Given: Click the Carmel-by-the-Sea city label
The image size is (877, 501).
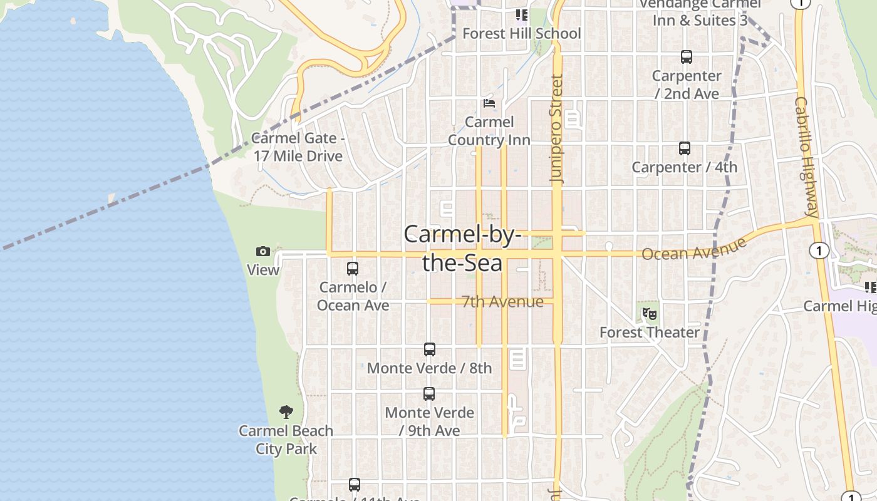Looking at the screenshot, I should pyautogui.click(x=462, y=249).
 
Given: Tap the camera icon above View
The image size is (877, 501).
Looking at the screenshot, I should pyautogui.click(x=263, y=252).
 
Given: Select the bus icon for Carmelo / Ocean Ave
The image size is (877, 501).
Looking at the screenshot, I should pyautogui.click(x=353, y=269).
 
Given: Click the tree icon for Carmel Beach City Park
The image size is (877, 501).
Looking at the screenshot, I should pyautogui.click(x=286, y=412).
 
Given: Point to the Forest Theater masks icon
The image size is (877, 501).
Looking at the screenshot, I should pyautogui.click(x=650, y=314).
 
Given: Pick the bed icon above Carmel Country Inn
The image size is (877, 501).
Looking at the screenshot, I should pyautogui.click(x=489, y=103).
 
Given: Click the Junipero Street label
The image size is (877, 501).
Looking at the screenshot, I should pyautogui.click(x=557, y=128).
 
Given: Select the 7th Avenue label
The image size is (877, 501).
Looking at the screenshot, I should pyautogui.click(x=502, y=302).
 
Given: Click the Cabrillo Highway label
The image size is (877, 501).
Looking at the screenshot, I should pyautogui.click(x=807, y=157).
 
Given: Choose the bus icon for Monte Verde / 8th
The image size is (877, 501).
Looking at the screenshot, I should pyautogui.click(x=429, y=349).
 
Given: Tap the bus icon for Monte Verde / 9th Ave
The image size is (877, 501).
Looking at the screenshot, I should pyautogui.click(x=429, y=394).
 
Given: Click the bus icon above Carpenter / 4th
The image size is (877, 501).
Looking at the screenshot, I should pyautogui.click(x=685, y=148).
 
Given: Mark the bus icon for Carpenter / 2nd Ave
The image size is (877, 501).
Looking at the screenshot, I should pyautogui.click(x=687, y=57).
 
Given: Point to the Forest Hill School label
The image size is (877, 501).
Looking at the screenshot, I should pyautogui.click(x=522, y=33).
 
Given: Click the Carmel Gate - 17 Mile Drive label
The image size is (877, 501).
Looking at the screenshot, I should pyautogui.click(x=298, y=147).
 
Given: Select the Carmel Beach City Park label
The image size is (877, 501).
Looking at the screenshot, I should pyautogui.click(x=286, y=440).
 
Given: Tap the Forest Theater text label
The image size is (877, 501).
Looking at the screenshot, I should pyautogui.click(x=650, y=333).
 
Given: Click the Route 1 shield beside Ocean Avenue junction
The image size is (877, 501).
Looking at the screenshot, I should pyautogui.click(x=819, y=251).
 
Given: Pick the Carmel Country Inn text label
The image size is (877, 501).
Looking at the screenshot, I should pyautogui.click(x=489, y=131).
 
